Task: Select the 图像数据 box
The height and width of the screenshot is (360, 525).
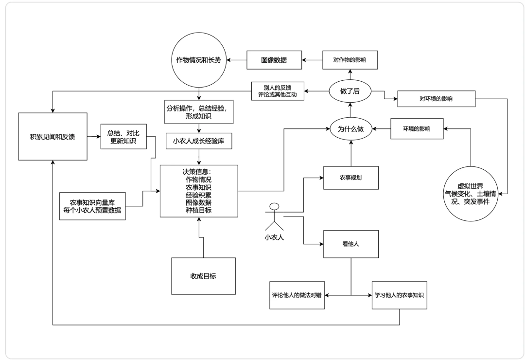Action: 274,60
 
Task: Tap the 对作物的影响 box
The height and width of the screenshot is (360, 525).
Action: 350,60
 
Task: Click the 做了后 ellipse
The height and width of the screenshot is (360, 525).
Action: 350,90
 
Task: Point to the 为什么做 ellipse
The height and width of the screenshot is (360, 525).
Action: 350,129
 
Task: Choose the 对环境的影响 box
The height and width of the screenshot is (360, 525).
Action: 436,99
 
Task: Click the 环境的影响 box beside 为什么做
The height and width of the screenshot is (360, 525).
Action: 417,129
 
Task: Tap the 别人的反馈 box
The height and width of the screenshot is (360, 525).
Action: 278,91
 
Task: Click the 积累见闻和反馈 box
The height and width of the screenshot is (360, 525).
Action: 53,137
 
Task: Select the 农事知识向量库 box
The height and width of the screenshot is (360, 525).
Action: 92,206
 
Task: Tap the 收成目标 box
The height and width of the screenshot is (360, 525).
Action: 203,275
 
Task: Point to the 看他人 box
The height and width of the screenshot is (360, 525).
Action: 351,244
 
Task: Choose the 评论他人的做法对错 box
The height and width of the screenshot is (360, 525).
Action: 297,295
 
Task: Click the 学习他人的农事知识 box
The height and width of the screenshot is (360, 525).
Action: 400,295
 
